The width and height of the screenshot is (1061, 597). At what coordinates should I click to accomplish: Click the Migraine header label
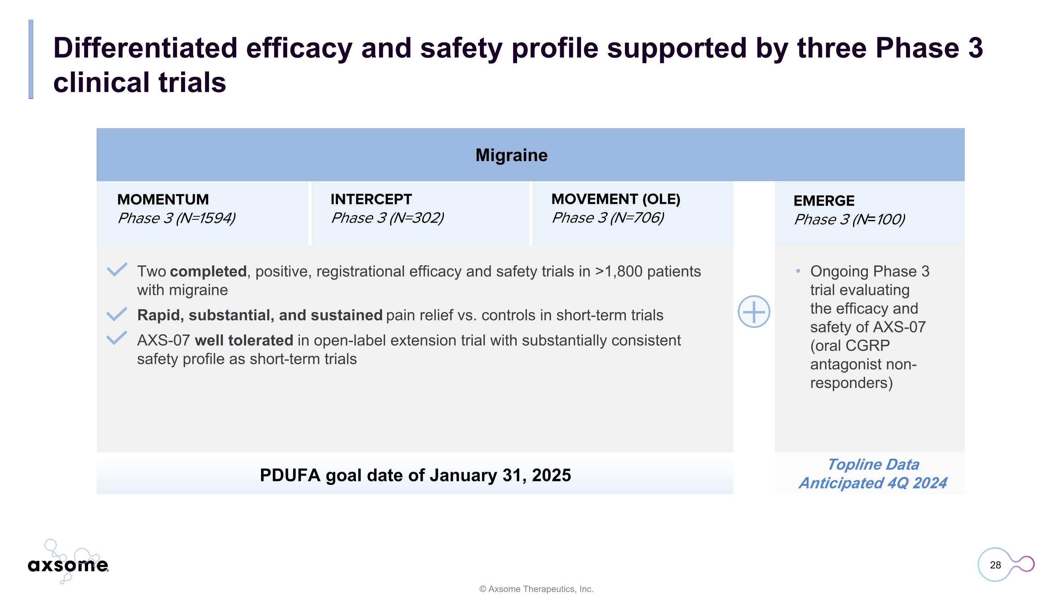(511, 155)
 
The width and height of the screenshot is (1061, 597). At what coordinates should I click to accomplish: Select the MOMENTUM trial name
(163, 199)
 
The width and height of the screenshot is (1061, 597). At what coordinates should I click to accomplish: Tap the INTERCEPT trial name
(371, 199)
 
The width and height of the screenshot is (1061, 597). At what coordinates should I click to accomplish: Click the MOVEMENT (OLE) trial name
(615, 199)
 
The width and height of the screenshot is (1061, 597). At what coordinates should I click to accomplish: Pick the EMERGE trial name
(823, 201)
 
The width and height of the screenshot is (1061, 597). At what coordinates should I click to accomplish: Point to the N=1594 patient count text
(206, 218)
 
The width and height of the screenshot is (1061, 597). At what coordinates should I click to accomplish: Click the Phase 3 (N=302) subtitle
(387, 218)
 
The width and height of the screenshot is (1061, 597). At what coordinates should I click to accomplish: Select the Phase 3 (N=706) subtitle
(607, 218)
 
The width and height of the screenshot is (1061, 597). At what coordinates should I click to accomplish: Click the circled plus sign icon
(753, 311)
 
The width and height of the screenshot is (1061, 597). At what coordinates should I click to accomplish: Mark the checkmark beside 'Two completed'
(117, 270)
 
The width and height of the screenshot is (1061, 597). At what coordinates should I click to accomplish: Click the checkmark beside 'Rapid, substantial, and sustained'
(117, 314)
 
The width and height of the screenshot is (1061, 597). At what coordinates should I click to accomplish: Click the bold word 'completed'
(208, 271)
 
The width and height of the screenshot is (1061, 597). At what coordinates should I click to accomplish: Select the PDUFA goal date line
(415, 475)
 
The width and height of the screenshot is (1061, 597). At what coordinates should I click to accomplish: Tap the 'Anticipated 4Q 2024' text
(872, 483)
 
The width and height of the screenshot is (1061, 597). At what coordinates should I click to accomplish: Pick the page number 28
(995, 565)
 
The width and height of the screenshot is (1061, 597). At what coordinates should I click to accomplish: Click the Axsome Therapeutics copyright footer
(536, 589)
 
